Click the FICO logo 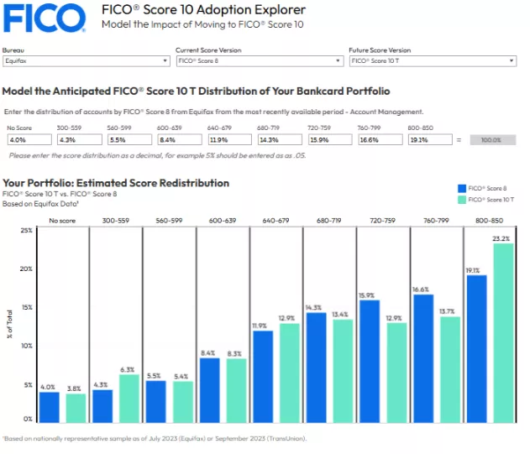44,18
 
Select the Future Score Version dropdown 431,60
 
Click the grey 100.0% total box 492,139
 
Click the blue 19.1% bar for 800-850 476,348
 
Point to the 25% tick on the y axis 26,230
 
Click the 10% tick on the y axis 26,346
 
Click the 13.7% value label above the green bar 450,311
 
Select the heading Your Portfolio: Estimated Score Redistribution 116,183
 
